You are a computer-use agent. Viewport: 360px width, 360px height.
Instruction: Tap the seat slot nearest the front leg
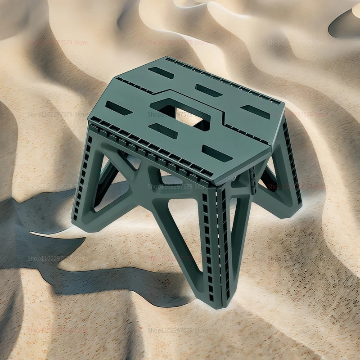216,153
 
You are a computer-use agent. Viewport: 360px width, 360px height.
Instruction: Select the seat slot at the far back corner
161,72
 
